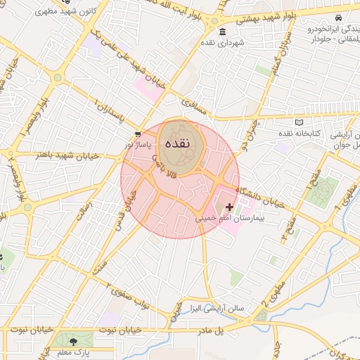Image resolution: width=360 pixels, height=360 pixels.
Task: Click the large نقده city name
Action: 180,141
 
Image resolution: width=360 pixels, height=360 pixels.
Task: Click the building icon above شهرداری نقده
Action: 222,32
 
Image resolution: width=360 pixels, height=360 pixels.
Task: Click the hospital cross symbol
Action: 229,207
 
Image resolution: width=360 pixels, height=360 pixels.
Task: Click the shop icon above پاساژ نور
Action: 138,133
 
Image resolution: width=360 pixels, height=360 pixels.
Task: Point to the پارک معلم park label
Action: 74,352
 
